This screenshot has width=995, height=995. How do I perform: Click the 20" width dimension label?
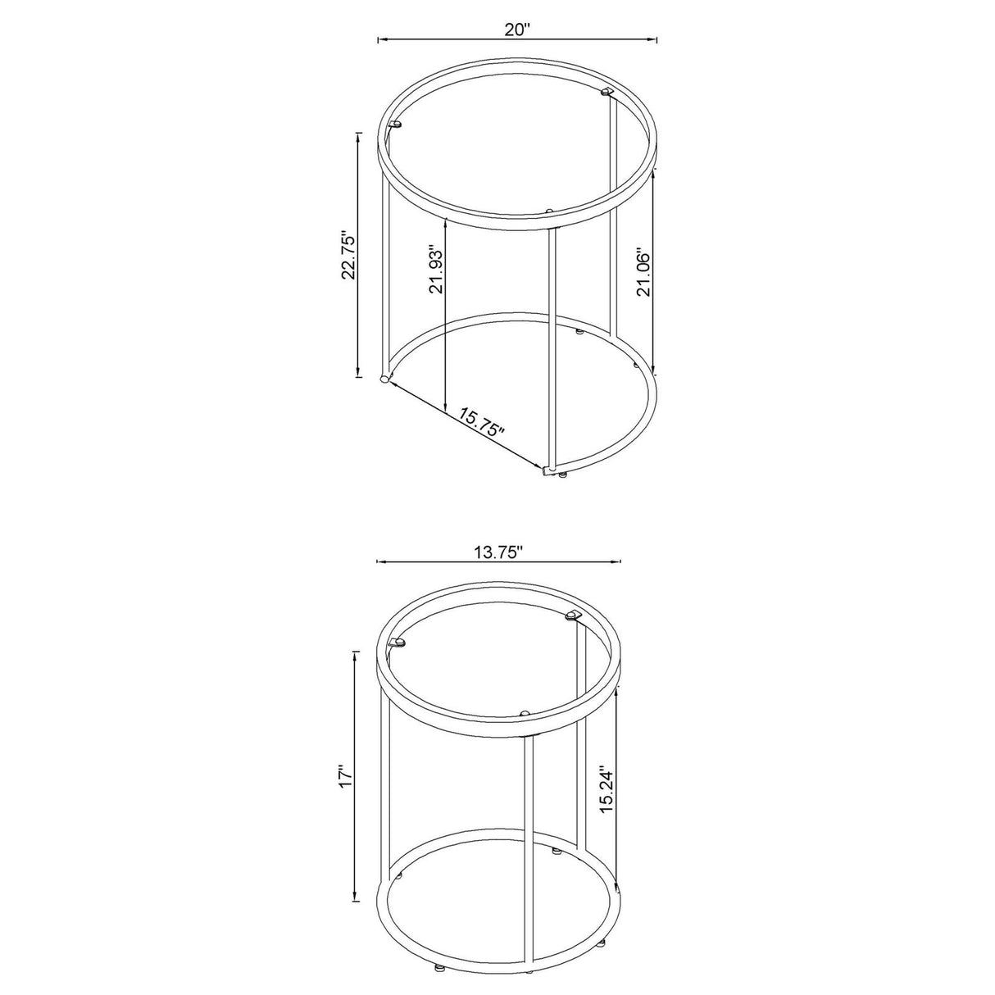517,30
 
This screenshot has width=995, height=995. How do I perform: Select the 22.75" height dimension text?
349,255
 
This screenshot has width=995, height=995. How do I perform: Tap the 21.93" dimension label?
435,270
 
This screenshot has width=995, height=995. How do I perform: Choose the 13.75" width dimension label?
498,552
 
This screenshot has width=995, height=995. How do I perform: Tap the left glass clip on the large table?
397,125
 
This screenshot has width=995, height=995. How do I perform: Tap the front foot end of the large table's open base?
547,470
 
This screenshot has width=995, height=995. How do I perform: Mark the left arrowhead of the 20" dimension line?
380,39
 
